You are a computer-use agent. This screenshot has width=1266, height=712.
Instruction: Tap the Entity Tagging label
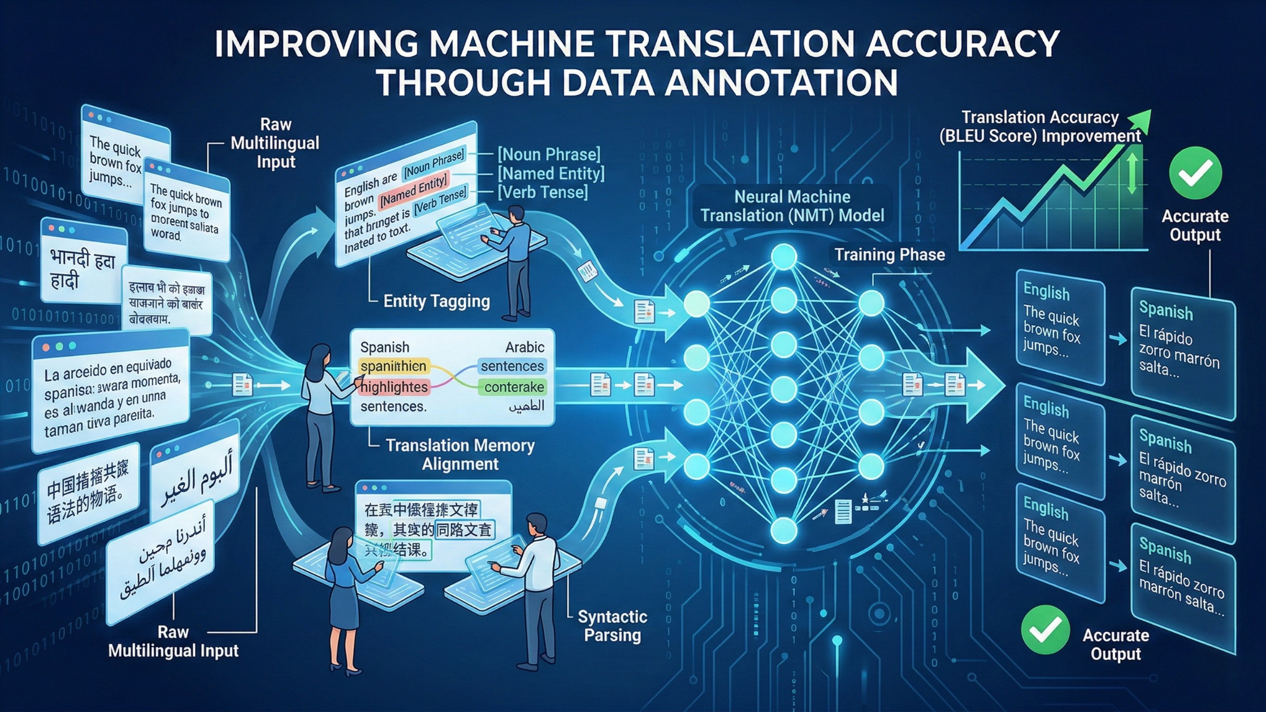click(x=436, y=301)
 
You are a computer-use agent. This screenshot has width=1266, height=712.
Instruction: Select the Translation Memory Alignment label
click(x=460, y=454)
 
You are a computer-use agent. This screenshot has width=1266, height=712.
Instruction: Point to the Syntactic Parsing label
click(x=612, y=626)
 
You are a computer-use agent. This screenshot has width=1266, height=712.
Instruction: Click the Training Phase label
click(x=890, y=255)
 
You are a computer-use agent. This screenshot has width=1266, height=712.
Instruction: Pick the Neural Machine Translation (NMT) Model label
click(x=792, y=206)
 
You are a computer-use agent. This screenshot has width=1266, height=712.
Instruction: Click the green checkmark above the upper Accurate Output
click(x=1195, y=173)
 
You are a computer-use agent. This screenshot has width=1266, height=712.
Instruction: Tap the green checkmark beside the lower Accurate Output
click(x=1045, y=629)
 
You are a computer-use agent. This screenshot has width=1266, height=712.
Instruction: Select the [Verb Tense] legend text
click(x=543, y=192)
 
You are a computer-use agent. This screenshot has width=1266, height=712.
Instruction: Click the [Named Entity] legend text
click(x=550, y=173)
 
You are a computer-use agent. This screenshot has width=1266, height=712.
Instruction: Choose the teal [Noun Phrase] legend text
click(x=548, y=154)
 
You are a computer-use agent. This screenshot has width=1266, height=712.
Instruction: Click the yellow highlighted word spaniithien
click(x=393, y=366)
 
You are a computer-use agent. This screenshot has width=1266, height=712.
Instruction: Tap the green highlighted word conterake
click(x=514, y=387)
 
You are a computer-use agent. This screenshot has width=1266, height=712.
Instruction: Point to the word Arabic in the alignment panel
click(x=524, y=347)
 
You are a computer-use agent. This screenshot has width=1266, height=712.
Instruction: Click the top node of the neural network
click(x=784, y=257)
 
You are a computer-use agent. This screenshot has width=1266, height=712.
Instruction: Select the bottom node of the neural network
click(x=784, y=530)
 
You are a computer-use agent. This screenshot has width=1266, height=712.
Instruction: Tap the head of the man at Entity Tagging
click(x=516, y=215)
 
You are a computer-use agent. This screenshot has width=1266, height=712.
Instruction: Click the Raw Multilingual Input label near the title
click(x=275, y=143)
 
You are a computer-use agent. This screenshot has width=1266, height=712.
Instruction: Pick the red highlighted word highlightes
click(x=394, y=387)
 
